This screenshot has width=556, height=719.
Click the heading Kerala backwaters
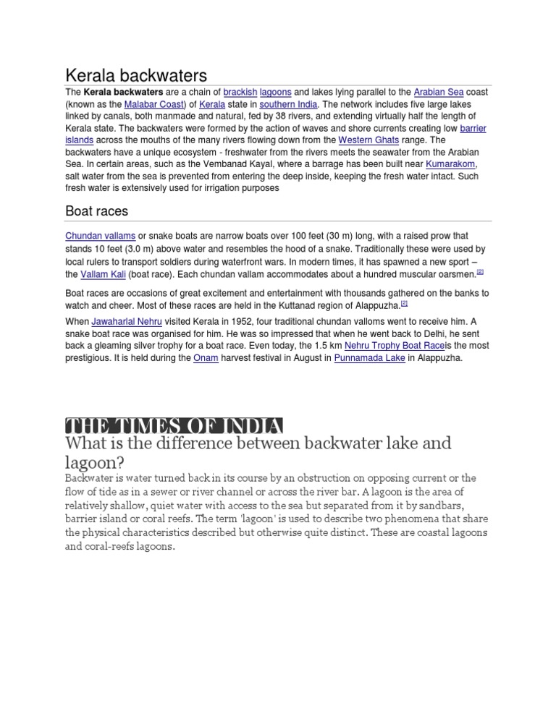[136, 75]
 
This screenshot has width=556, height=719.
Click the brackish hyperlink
[240, 93]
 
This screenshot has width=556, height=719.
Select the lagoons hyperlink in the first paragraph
[276, 93]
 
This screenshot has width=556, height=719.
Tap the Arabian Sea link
[439, 93]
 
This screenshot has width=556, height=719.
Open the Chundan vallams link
[100, 237]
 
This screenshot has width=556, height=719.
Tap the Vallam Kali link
[103, 275]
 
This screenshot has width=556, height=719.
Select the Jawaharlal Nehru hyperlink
[126, 322]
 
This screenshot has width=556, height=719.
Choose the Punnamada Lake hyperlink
[369, 358]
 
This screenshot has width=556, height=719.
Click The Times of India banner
[174, 425]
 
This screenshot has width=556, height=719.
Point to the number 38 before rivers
[294, 116]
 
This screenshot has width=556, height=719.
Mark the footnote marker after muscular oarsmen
[479, 273]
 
